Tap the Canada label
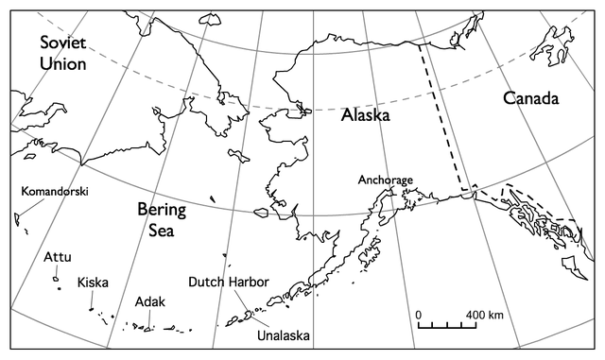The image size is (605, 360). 530,98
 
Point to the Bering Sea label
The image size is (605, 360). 162,219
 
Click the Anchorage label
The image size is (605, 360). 386,180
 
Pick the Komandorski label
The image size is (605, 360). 55,191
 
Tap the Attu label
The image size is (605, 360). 58,257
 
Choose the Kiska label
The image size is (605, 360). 93,282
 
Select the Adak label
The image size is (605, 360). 150,302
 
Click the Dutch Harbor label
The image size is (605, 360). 229,283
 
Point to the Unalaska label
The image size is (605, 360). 283,334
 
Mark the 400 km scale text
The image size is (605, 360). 484,314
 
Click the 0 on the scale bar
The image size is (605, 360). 419,314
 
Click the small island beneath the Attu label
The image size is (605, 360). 57,278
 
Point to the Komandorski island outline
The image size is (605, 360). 17,218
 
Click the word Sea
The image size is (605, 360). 162,230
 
